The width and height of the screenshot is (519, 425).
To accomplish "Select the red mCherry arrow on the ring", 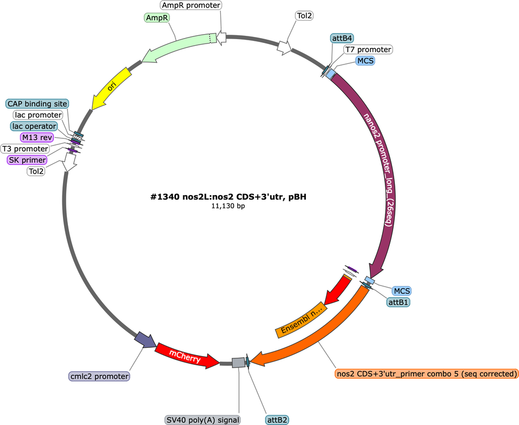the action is pyautogui.click(x=186, y=356).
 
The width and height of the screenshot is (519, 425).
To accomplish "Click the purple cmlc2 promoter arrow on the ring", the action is pyautogui.click(x=145, y=340).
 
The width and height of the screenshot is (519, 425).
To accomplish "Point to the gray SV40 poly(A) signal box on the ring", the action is pyautogui.click(x=239, y=363).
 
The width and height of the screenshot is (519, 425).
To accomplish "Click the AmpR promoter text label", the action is pyautogui.click(x=192, y=6).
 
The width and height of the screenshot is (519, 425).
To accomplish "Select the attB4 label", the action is pyautogui.click(x=342, y=38).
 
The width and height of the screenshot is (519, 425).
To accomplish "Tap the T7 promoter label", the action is pyautogui.click(x=368, y=50).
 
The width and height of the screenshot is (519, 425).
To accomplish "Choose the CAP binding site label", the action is pyautogui.click(x=37, y=104).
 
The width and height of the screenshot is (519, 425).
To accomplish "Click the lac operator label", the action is pyautogui.click(x=34, y=126).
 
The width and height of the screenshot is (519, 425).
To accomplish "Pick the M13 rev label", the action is pyautogui.click(x=37, y=137).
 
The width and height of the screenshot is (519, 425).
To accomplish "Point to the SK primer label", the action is pyautogui.click(x=27, y=160).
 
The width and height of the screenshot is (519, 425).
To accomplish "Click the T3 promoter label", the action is pyautogui.click(x=25, y=149).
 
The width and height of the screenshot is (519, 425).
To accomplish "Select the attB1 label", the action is pyautogui.click(x=398, y=302).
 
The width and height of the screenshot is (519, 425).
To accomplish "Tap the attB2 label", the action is pyautogui.click(x=277, y=420).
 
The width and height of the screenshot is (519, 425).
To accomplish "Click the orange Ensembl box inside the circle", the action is pyautogui.click(x=301, y=320).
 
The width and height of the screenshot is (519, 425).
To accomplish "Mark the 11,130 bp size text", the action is pyautogui.click(x=229, y=206).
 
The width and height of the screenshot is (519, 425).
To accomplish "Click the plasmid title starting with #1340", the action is pyautogui.click(x=229, y=197).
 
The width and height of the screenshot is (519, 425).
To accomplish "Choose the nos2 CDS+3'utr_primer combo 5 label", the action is pyautogui.click(x=426, y=374).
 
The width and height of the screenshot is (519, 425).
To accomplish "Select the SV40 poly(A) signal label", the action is pyautogui.click(x=203, y=420).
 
